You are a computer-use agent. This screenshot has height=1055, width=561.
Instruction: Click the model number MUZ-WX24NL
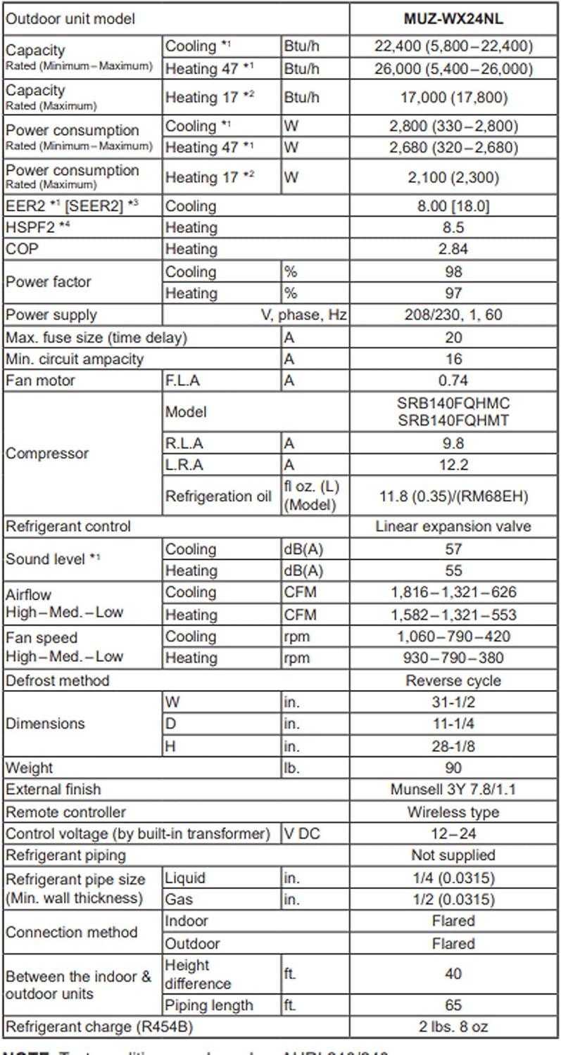point(453,19)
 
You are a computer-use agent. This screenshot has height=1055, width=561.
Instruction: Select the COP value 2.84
point(453,249)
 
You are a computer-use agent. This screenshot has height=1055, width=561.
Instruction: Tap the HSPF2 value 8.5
point(453,228)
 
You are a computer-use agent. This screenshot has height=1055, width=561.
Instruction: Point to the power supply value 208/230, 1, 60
point(453,314)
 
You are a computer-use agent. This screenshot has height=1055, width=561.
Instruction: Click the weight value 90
point(453,767)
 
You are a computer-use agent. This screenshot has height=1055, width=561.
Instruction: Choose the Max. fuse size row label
point(96,338)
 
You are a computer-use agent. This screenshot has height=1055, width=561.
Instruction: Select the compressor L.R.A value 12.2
point(453,465)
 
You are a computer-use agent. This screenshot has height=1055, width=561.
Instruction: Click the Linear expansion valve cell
point(453,526)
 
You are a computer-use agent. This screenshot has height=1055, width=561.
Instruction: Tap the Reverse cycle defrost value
point(453,681)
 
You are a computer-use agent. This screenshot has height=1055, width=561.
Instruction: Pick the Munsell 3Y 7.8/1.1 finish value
point(453,789)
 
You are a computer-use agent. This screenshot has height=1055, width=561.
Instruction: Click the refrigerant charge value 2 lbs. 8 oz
point(453,1027)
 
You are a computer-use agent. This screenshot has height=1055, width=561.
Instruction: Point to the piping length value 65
point(453,1005)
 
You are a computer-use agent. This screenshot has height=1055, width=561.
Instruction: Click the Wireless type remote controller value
point(453,812)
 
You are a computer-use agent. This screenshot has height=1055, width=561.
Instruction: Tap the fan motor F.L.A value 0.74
point(453,381)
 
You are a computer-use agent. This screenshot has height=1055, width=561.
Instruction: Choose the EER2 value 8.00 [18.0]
point(453,206)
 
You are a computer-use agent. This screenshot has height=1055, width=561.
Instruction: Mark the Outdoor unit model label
point(70,19)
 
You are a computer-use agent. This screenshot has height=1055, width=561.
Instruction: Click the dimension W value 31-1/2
point(453,702)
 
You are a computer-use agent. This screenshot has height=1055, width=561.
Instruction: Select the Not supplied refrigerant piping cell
point(453,855)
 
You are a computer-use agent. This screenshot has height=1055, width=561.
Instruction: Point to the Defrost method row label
point(58,681)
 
